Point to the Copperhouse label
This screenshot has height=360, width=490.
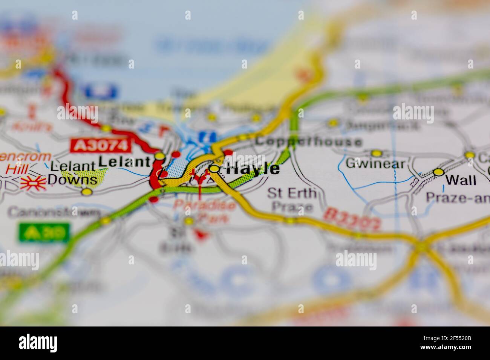[x=308, y=142]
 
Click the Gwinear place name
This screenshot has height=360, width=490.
[x=375, y=164]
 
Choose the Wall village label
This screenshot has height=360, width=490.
[x=461, y=180]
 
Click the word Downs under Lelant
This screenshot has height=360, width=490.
[x=73, y=180]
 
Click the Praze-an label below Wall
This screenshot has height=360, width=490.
[x=458, y=197]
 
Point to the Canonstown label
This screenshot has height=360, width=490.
[x=55, y=212]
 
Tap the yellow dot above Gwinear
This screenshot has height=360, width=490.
[x=376, y=153]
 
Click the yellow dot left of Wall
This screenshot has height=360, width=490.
[x=438, y=172]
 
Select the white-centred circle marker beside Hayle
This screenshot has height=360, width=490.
[x=214, y=169]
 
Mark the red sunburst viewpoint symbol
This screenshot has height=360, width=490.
[x=34, y=183]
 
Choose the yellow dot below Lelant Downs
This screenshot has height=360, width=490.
[x=87, y=192]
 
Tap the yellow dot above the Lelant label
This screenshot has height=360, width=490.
[x=160, y=156]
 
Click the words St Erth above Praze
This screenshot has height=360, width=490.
[x=291, y=193]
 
